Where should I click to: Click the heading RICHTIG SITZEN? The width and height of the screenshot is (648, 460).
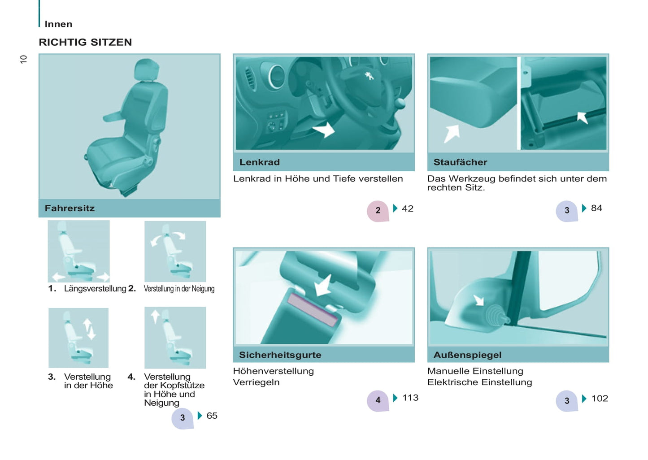tap(85, 42)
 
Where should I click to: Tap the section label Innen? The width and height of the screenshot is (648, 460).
tap(58, 24)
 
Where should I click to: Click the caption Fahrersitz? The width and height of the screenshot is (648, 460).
tap(70, 208)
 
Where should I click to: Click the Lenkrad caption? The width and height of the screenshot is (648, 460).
tap(259, 162)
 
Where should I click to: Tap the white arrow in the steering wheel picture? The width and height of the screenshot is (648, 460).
tap(325, 130)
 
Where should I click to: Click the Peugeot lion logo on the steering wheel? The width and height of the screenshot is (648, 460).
tap(369, 75)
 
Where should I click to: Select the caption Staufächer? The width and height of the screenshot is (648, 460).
tap(460, 162)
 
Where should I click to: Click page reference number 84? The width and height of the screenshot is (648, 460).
tap(596, 208)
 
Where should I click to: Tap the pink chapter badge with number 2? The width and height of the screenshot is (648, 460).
tap(378, 211)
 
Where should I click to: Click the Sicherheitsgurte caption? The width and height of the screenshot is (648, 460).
tap(280, 355)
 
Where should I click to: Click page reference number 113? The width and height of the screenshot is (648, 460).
tap(410, 398)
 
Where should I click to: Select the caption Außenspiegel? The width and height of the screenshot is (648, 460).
tap(467, 355)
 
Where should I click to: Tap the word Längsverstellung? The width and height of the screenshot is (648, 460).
tap(95, 289)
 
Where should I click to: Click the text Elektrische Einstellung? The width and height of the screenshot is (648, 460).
tap(479, 382)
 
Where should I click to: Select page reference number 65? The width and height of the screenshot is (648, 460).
tap(212, 416)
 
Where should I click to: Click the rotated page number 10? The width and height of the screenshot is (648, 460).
tap(24, 59)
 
